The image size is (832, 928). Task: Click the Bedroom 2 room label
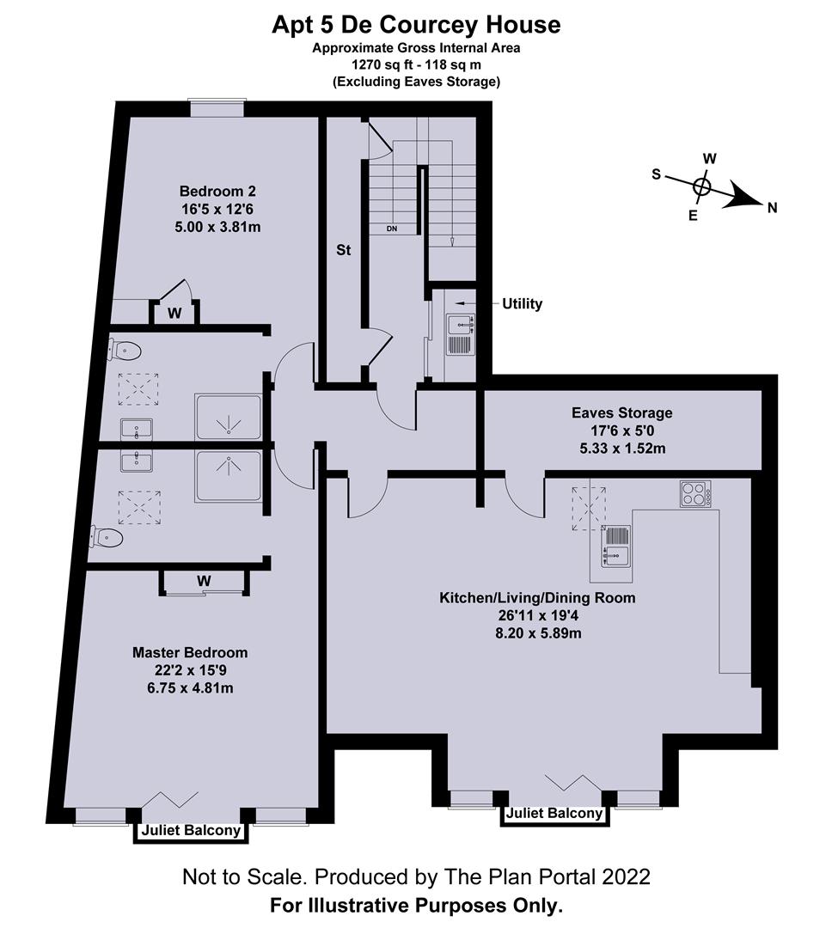[217, 191]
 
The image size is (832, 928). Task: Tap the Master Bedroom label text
[190, 652]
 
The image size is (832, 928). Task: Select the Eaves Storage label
[621, 413]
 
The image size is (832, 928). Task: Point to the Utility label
[523, 304]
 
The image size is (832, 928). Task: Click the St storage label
[343, 251]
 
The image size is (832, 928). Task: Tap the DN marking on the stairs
[392, 229]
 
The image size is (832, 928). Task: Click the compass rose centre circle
[702, 186]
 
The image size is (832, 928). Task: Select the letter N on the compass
[772, 207]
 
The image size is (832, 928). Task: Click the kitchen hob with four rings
[694, 493]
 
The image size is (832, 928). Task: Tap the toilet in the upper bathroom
[125, 350]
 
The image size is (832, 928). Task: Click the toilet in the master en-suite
[106, 539]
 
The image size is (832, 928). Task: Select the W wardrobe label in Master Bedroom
[204, 581]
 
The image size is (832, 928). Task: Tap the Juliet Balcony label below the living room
[554, 814]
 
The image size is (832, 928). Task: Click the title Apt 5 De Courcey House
[416, 25]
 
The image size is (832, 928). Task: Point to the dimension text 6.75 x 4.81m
[190, 688]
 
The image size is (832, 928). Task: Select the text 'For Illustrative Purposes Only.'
[416, 905]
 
